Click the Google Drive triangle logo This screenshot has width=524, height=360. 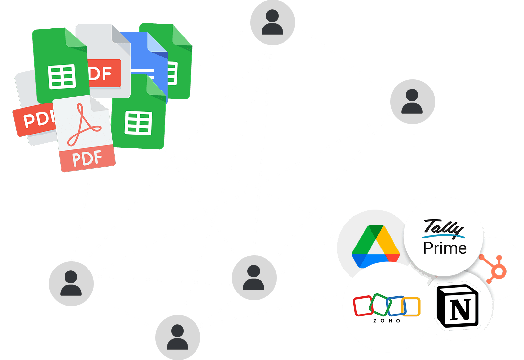(x=376, y=246)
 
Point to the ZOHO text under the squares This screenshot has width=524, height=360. (x=387, y=321)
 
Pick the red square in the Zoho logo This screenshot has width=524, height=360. (x=363, y=306)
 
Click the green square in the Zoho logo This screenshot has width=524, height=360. (x=379, y=304)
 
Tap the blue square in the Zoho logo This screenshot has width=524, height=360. (x=395, y=305)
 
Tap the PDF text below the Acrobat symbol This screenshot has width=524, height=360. (x=87, y=158)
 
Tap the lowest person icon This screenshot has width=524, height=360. (x=177, y=337)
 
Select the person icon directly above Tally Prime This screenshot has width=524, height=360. (x=412, y=102)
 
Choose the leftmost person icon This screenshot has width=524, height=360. (x=71, y=284)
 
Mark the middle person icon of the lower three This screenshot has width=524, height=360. (x=254, y=277)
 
